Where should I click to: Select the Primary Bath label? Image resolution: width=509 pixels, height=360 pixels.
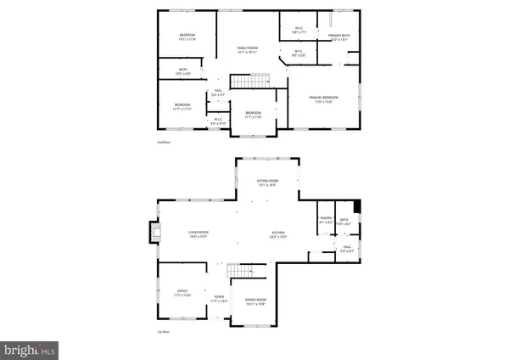339,35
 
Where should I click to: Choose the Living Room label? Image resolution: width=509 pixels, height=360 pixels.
199,232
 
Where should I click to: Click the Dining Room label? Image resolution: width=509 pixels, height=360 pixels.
256,301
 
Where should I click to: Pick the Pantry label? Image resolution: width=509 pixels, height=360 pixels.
325,221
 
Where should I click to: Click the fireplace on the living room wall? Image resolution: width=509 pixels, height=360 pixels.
154,233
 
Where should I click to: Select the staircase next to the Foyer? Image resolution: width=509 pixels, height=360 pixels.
244,271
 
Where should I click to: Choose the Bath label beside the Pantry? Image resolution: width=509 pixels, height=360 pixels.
344,221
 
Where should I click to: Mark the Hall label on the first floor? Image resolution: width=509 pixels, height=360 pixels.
348,250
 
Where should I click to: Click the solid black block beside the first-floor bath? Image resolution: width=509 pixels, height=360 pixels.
357,206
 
